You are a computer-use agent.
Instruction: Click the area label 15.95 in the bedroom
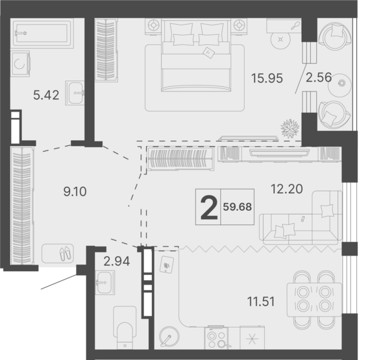tap(267, 78)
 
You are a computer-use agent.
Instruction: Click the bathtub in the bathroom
tap(43, 31)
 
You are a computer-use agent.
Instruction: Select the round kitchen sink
tap(169, 339)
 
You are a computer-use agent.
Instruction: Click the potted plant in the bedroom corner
tap(288, 126)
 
